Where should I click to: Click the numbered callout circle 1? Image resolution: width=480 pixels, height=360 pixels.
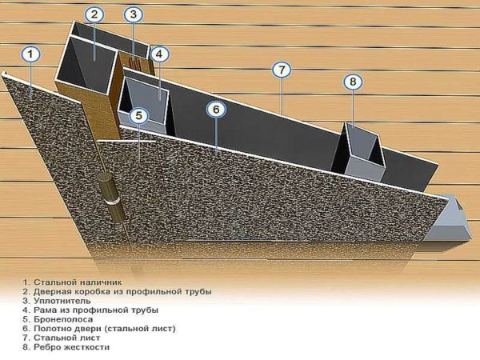pyautogui.click(x=30, y=54)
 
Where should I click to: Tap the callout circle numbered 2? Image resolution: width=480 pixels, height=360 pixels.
pyautogui.click(x=94, y=14)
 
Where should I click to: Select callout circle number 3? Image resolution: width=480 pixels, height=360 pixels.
pyautogui.click(x=133, y=14)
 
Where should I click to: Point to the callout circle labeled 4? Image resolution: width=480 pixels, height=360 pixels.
pyautogui.click(x=159, y=54)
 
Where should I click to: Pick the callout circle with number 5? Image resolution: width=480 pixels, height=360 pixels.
pyautogui.click(x=138, y=116)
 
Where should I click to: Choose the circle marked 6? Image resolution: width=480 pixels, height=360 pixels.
pyautogui.click(x=216, y=110)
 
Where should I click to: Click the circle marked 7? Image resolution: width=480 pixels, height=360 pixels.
pyautogui.click(x=282, y=70)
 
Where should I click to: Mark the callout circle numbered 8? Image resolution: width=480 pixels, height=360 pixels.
pyautogui.click(x=353, y=82)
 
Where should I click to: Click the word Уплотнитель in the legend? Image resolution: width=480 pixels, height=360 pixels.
pyautogui.click(x=62, y=301)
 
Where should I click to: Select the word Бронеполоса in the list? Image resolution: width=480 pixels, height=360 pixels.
pyautogui.click(x=63, y=319)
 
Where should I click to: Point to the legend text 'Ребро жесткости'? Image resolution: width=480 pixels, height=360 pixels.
pyautogui.click(x=71, y=347)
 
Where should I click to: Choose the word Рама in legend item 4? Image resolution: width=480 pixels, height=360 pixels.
pyautogui.click(x=45, y=310)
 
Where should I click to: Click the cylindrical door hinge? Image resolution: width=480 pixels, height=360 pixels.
pyautogui.click(x=112, y=198)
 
